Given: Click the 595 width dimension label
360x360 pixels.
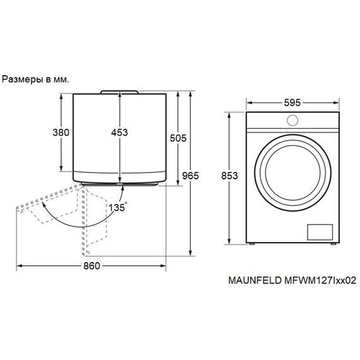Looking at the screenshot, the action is tap(292, 102).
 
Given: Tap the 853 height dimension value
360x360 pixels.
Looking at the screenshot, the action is tap(229, 176).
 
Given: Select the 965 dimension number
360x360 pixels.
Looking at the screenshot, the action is tap(190, 176).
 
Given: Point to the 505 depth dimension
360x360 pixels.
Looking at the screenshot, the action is tap(178, 138).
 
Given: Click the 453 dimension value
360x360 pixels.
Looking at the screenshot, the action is tap(119, 133).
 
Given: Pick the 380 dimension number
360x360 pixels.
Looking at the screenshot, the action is tap(61, 133).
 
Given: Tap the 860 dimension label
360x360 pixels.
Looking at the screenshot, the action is tap(92, 266).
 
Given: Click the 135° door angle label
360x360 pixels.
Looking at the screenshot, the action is tap(117, 207).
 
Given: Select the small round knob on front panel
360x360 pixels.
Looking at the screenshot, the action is tap(292, 120).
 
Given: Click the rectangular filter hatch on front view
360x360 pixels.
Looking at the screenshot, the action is tap(320, 232).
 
